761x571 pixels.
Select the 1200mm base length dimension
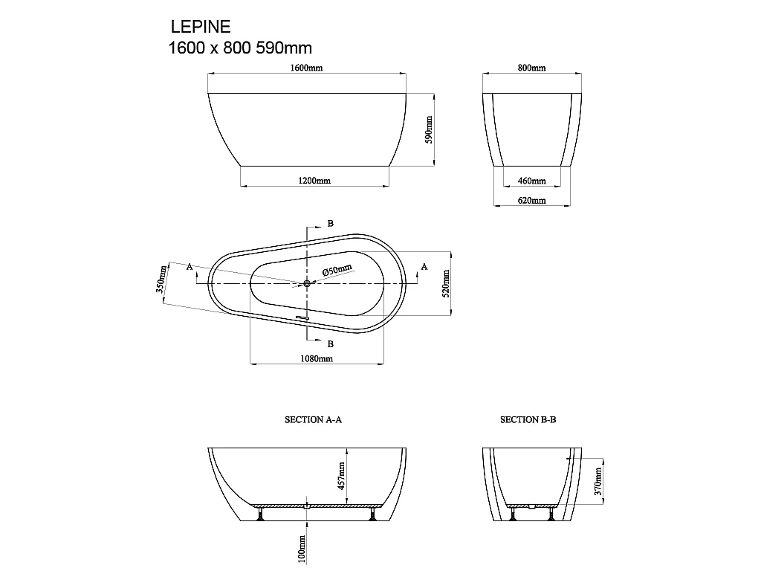pos(315,181)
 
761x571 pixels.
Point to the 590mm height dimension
pos(428,129)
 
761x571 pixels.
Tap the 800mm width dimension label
pos(531,68)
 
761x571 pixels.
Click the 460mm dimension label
pos(531,181)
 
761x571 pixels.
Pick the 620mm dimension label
pos(531,200)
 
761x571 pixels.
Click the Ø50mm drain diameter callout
pos(338,271)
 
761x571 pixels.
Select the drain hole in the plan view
pos(307,283)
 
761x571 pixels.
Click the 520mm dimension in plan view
pos(446,283)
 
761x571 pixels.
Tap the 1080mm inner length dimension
pos(317,358)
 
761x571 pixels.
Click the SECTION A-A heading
pos(313,419)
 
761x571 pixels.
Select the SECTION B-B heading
pos(528,419)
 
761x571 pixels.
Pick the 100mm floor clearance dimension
pos(302,549)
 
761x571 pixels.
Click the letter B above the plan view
pos(330,224)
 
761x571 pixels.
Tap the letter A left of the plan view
pos(190,266)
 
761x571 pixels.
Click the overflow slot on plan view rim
pos(301,317)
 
